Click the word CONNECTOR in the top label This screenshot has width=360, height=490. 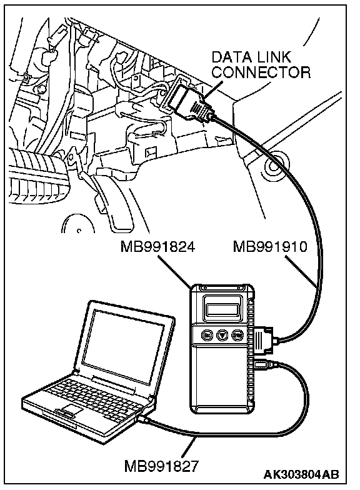tap(262, 72)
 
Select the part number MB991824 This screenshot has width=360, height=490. tap(158, 247)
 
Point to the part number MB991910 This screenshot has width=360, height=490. tap(271, 247)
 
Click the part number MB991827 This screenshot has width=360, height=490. tap(161, 467)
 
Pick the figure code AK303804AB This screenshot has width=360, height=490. tap(301, 474)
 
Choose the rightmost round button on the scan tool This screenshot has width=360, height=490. tap(237, 335)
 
